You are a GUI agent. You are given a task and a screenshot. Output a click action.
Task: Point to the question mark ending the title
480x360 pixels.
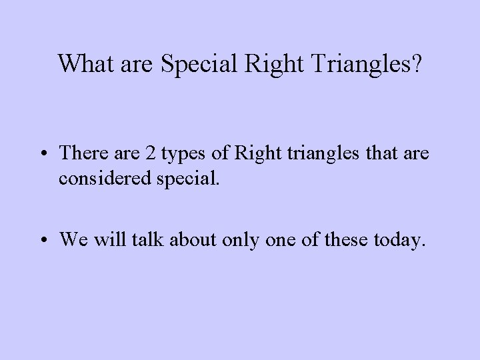coord(415,63)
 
